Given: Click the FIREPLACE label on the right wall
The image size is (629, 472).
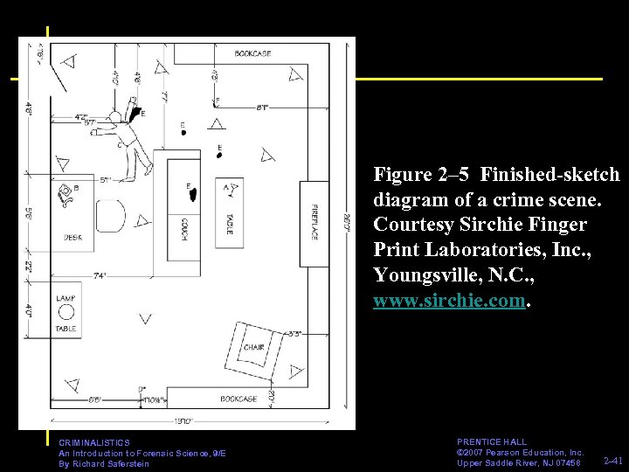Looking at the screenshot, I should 314,223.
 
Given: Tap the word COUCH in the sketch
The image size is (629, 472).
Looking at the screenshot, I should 185,230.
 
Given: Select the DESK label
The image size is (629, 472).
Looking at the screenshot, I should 73,237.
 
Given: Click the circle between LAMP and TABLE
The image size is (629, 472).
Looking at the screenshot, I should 66,313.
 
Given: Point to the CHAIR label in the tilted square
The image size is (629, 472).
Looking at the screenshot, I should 253,347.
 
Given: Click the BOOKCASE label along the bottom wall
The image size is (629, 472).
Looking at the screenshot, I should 238,399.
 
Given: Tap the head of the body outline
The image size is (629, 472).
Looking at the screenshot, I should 114,117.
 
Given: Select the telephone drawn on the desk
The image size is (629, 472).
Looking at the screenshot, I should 65,196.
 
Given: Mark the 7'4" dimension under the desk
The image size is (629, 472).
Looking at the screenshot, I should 100,275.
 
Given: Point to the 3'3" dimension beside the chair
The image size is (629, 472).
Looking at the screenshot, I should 294,333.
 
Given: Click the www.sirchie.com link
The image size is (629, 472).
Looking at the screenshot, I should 450,301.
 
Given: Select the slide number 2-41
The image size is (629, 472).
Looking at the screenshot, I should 613,459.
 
